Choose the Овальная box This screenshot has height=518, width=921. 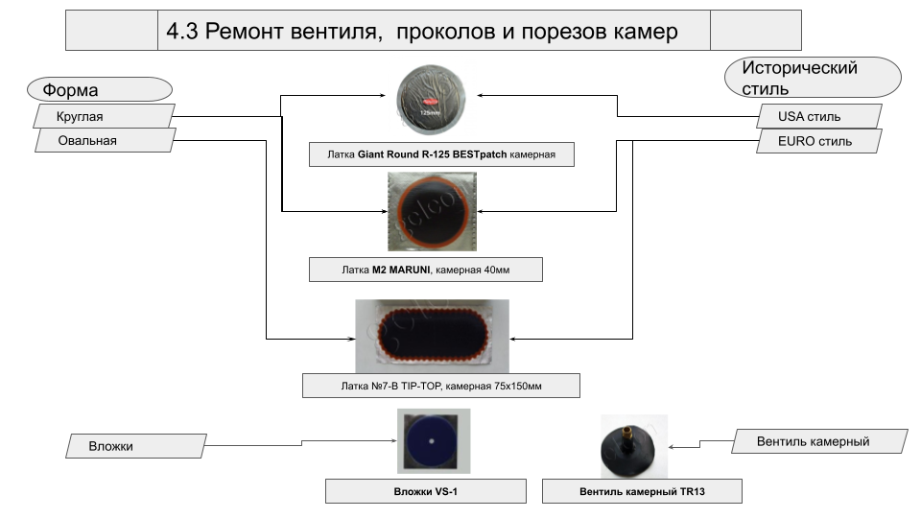click(x=104, y=140)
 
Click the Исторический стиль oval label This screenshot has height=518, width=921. click(x=813, y=78)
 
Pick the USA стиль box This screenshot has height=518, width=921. click(x=816, y=117)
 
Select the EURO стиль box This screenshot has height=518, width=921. click(x=816, y=141)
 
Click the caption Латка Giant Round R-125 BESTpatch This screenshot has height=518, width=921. click(x=441, y=154)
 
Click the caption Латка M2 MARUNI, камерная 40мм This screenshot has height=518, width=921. click(x=426, y=270)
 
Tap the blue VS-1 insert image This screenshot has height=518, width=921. click(x=432, y=440)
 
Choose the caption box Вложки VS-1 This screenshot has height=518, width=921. click(x=426, y=492)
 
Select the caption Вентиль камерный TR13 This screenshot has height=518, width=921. click(x=642, y=492)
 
